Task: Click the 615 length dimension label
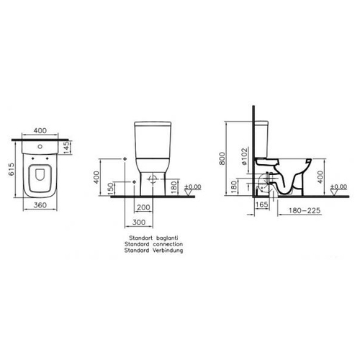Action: coord(12,169)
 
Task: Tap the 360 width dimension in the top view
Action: coord(40,205)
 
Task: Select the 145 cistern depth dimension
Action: coord(66,147)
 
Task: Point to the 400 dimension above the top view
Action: coord(40,130)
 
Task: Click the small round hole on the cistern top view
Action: coord(40,146)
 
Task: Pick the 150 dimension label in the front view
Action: coord(110,189)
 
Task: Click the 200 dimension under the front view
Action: coord(143,207)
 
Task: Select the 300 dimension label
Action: coord(139,222)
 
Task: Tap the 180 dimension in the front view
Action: coord(174,187)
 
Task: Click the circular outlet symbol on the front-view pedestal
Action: coord(153,179)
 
